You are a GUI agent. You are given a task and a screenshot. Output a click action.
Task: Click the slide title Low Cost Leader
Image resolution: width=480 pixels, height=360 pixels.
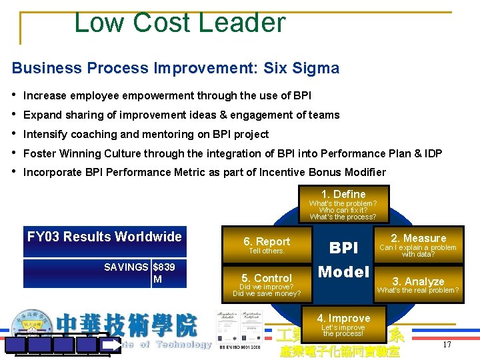pos(179,23)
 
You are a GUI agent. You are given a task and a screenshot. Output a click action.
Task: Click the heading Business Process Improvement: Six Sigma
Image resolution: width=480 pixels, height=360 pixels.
pos(175,68)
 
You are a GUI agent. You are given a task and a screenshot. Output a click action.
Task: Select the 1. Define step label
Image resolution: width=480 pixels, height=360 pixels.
pos(343,194)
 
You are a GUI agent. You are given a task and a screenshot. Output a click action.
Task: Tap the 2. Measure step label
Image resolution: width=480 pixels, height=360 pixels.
pos(418,238)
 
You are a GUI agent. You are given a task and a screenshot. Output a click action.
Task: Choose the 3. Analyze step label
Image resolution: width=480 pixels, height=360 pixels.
pos(418,281)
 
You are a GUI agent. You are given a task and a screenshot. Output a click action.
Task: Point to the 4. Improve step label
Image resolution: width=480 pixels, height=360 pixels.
pos(343,318)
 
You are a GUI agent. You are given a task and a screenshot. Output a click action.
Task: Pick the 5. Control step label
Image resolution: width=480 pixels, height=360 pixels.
pos(267,278)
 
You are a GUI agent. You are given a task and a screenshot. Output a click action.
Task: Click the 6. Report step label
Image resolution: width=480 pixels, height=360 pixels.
pos(267,241)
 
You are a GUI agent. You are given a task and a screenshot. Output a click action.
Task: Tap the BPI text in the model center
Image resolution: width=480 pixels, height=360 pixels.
pos(344,248)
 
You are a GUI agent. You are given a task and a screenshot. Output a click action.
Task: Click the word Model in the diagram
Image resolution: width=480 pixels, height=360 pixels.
pos(344,271)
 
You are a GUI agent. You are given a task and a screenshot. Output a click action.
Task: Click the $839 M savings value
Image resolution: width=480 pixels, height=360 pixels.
pos(164,273)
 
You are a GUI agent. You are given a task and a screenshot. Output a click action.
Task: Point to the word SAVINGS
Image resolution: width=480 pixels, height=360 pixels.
pos(127,267)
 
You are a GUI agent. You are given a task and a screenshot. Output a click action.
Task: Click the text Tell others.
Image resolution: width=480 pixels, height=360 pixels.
pos(267,251)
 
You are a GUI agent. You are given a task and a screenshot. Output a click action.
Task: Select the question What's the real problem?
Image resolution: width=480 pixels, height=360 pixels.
pos(418,290)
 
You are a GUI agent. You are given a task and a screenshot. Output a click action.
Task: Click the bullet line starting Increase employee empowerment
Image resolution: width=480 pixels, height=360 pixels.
pos(167,95)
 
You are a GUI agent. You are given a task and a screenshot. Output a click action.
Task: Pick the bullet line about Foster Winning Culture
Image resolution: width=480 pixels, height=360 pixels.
pos(232,153)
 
